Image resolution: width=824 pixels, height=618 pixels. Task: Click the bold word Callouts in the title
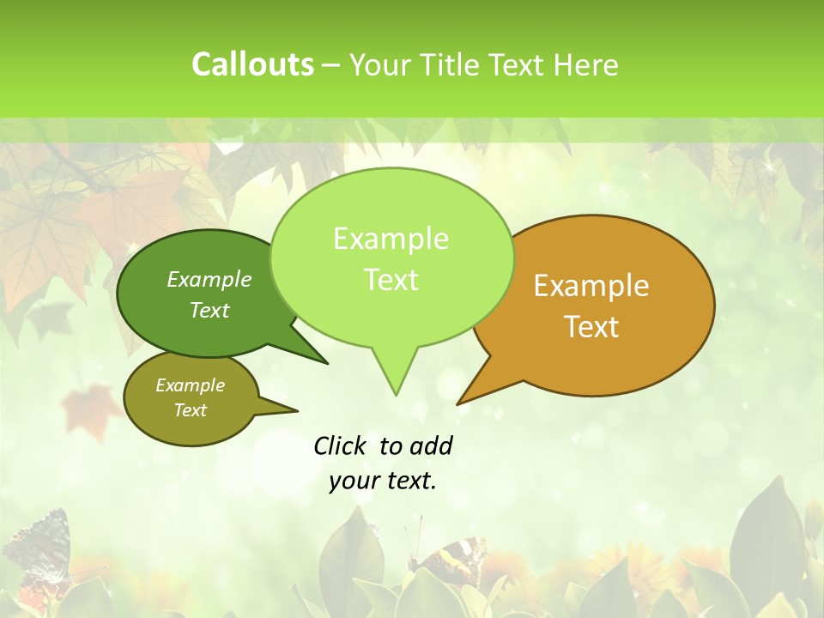[252, 64]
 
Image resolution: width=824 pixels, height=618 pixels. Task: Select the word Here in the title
[588, 65]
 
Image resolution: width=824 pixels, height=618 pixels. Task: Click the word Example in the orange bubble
[591, 286]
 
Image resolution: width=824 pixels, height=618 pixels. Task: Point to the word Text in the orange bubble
[591, 327]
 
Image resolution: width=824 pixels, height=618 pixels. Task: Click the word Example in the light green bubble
[391, 239]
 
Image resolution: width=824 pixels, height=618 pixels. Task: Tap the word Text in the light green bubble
[391, 280]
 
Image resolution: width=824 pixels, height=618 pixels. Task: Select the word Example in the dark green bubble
[209, 279]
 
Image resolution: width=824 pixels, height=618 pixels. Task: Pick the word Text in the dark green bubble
[209, 310]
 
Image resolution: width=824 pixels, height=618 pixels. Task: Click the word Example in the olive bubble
[190, 385]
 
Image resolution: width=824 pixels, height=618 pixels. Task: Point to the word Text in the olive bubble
[190, 410]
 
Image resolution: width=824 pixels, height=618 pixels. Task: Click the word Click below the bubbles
[339, 445]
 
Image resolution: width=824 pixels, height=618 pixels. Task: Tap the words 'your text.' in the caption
[383, 481]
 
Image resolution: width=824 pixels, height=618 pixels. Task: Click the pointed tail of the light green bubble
[396, 382]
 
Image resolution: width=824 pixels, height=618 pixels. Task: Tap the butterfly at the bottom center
[447, 558]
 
